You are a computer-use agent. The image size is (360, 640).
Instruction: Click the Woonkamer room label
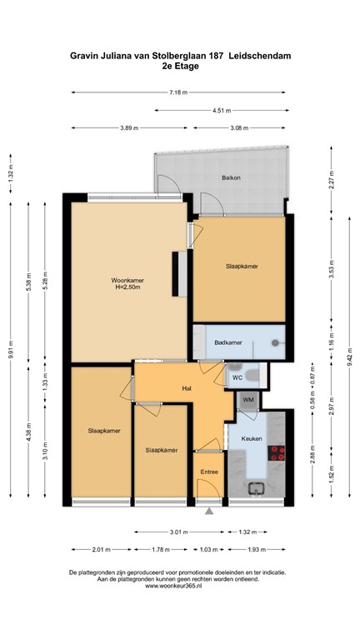(127, 280)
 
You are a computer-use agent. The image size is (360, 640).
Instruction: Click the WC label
(237, 377)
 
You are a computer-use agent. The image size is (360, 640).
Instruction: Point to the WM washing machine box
(247, 401)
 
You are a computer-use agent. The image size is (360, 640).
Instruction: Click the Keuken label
(252, 437)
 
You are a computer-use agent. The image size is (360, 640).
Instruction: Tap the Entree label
(208, 472)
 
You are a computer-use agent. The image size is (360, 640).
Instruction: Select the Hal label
(188, 388)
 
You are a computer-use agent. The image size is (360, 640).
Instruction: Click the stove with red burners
(277, 453)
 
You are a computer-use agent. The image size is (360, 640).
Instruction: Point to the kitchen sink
(254, 487)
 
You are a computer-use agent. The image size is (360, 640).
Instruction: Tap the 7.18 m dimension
(178, 92)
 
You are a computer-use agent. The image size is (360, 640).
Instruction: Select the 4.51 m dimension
(221, 110)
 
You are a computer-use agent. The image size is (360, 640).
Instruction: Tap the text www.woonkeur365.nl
(179, 587)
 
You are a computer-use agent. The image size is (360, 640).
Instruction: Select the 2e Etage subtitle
(179, 67)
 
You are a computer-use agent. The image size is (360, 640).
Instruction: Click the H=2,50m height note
(128, 288)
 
